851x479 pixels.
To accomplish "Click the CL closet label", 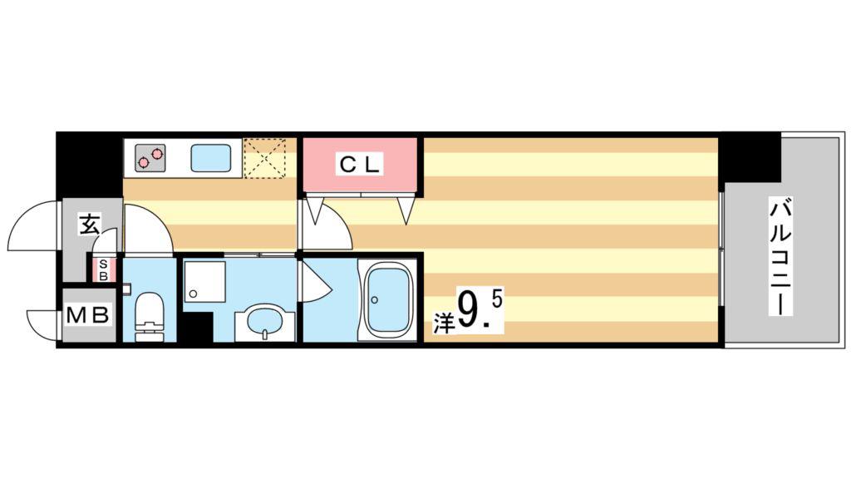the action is pyautogui.click(x=359, y=164).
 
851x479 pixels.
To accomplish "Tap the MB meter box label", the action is pyautogui.click(x=88, y=315).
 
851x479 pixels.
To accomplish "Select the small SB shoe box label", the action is pyautogui.click(x=103, y=270).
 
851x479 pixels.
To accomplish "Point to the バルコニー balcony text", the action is pyautogui.click(x=781, y=258).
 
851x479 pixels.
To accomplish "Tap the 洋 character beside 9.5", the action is pyautogui.click(x=442, y=323).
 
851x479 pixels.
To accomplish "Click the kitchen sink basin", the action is pyautogui.click(x=211, y=158).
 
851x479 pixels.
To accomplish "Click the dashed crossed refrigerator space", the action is pyautogui.click(x=264, y=159).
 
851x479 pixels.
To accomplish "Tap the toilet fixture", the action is pyautogui.click(x=149, y=315).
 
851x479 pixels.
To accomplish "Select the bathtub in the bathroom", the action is pyautogui.click(x=387, y=300).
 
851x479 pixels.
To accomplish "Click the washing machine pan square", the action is pyautogui.click(x=204, y=281).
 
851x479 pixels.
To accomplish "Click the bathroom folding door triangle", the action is pyautogui.click(x=314, y=281).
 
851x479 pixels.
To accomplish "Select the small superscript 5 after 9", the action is pyautogui.click(x=498, y=300).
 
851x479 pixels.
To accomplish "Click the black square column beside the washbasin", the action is pyautogui.click(x=196, y=327).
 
